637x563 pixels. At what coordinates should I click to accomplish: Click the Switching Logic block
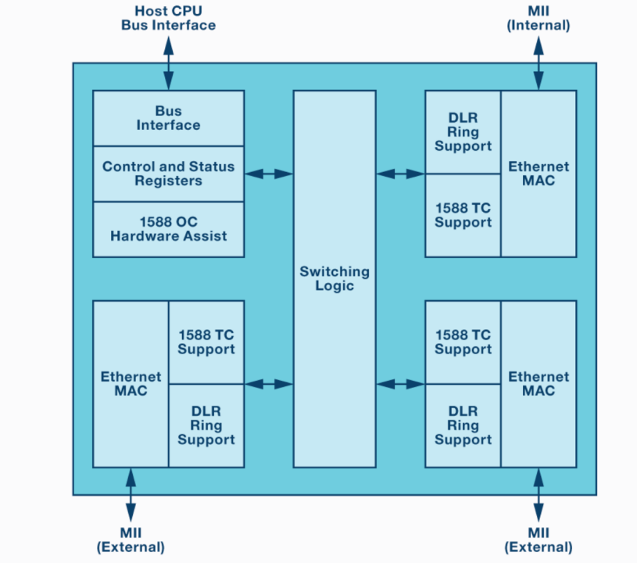coord(334,278)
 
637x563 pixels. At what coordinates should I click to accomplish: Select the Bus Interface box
coord(168,118)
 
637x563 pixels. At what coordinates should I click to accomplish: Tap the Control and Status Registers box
coord(168,174)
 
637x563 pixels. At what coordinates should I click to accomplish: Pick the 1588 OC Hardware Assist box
coord(168,229)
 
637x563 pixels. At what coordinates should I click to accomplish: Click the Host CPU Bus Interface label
coord(168,18)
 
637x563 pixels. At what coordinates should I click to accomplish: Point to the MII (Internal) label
coord(538,18)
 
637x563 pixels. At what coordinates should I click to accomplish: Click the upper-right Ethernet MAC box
coord(539,174)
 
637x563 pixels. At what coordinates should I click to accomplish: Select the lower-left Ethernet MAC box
coord(131,383)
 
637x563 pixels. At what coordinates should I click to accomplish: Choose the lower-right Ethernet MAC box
coord(539,383)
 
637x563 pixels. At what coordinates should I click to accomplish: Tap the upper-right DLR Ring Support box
coord(463,132)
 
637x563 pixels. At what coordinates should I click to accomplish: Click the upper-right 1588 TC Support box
coord(463,215)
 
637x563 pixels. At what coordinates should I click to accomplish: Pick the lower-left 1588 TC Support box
coord(206,342)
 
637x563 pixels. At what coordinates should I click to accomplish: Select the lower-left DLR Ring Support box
coord(206,425)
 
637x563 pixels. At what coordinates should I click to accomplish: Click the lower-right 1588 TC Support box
coord(463,342)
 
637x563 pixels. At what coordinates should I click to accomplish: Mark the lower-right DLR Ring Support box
coord(463,425)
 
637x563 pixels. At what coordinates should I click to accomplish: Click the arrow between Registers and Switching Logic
coord(269,174)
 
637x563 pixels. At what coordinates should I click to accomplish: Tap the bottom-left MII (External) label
coord(131,540)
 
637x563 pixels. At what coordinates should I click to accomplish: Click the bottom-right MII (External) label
coord(538,540)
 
